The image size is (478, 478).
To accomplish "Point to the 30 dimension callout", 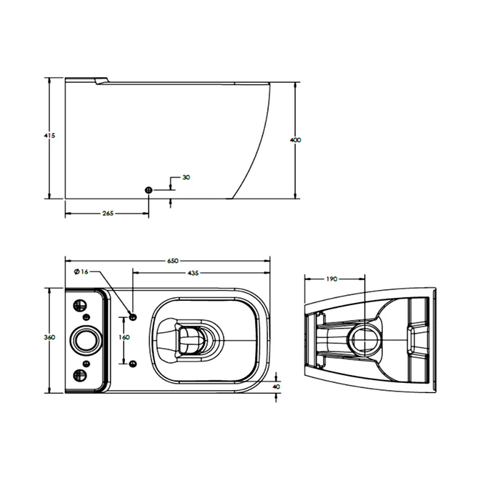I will (x=186, y=176).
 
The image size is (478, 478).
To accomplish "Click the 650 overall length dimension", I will (x=173, y=261).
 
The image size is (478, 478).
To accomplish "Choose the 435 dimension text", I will (x=193, y=274).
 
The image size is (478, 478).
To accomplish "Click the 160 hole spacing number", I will (x=124, y=338).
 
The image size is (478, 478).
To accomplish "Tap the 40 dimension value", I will (x=277, y=386).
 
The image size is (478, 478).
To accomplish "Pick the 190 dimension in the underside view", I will (x=332, y=279).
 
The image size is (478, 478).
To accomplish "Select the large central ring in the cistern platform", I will (x=87, y=339).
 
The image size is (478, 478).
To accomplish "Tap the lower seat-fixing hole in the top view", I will (x=133, y=362).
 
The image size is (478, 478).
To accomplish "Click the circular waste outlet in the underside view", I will (x=365, y=337).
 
